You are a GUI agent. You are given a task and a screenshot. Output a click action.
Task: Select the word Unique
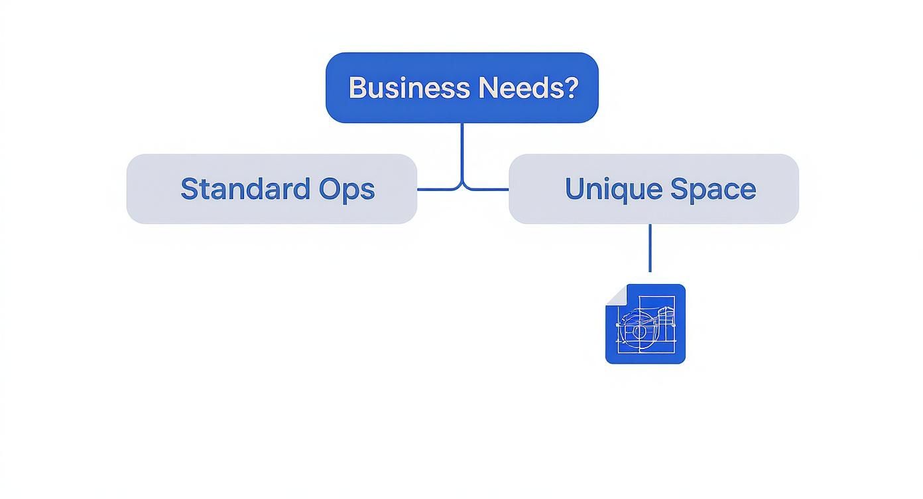[x=612, y=189]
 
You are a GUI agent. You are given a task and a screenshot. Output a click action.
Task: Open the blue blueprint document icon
[x=645, y=324]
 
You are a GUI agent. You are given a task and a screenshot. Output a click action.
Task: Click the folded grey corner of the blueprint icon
[x=615, y=294]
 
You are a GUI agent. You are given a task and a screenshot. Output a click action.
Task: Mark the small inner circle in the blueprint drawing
[x=639, y=330]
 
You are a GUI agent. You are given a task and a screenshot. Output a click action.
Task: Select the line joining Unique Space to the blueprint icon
[x=650, y=248]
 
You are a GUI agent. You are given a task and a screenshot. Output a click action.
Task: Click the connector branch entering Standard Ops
[x=434, y=190]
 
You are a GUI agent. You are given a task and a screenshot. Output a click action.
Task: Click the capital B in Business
[x=357, y=88]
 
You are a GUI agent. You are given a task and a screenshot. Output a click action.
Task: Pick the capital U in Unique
[x=575, y=189]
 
